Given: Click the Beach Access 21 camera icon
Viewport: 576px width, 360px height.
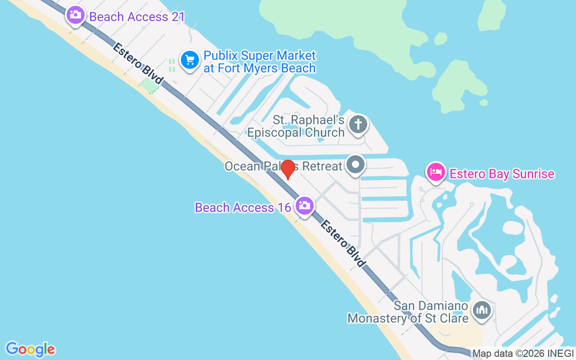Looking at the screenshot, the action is (75, 15).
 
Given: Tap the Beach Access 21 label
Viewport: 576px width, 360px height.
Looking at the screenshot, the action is (137, 17).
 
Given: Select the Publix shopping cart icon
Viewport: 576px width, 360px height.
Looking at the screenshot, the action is (190, 60).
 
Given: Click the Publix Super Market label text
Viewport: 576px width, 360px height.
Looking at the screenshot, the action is (260, 62).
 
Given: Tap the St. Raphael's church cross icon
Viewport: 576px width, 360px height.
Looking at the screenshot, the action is (358, 123).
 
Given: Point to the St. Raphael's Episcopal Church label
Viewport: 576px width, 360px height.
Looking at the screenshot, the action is (296, 126).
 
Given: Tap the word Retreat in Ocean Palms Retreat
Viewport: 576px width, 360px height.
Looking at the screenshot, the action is (322, 166).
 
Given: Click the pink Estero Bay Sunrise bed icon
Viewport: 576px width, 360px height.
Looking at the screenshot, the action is (436, 172).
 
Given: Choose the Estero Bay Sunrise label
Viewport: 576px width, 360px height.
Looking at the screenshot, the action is (502, 174).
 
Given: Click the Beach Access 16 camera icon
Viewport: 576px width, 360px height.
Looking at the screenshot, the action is (304, 206).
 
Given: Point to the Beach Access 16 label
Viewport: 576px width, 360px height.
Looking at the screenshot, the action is (243, 207).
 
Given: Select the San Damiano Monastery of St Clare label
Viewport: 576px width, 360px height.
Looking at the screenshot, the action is (408, 312).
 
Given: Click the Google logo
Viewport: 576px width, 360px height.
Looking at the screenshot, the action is (30, 349).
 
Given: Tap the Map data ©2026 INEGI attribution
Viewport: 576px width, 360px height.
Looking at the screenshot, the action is (523, 354).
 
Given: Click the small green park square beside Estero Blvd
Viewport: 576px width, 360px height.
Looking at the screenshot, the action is (148, 85).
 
